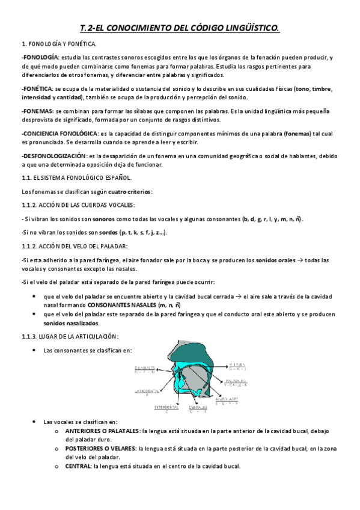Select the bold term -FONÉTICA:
tap(35, 88)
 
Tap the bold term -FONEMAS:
tap(36, 111)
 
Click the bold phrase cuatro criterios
tap(130, 192)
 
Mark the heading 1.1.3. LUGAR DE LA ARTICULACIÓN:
tap(70, 336)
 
